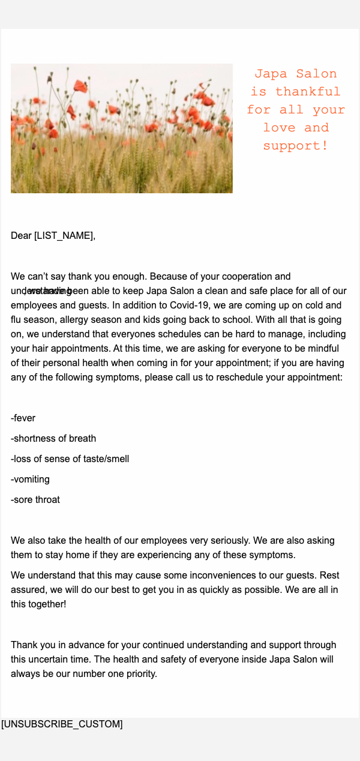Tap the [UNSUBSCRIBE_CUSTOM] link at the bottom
[62, 724]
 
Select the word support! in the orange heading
[296, 146]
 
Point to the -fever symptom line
[23, 418]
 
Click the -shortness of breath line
[53, 438]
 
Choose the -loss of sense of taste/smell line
[70, 459]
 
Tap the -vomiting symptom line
[30, 479]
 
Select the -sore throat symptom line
[35, 499]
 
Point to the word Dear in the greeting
[21, 235]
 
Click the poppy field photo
[122, 128]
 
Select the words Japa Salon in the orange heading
[296, 74]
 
